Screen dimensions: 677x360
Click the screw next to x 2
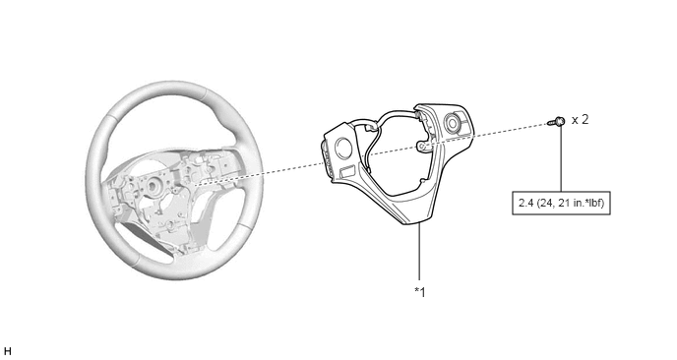[557, 121]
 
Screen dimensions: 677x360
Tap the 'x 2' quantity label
[580, 120]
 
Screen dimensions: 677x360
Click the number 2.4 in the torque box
[526, 203]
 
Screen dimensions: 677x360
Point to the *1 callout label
[420, 292]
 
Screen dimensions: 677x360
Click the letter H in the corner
[7, 351]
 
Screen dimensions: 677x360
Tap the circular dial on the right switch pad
[454, 123]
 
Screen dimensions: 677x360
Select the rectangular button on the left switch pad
[347, 172]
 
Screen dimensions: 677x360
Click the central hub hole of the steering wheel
[153, 187]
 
